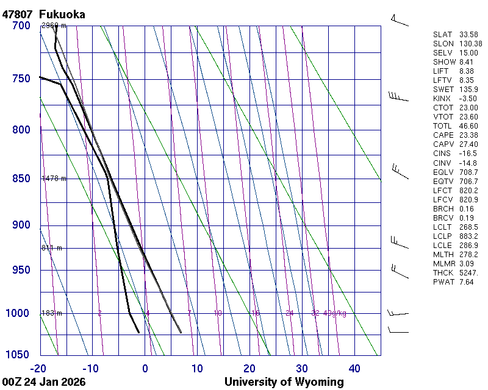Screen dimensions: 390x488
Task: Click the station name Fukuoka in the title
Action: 62,14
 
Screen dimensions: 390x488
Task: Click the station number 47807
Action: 17,14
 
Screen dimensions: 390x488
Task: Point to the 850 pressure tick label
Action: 21,179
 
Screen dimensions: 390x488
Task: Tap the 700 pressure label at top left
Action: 21,26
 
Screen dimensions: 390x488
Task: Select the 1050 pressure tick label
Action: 18,355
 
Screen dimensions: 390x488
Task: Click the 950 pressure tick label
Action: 21,270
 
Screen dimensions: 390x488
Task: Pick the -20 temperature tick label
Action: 38,368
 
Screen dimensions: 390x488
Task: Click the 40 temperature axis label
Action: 354,368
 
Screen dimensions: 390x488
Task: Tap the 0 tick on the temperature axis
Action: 145,368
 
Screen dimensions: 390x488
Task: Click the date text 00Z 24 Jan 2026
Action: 44,382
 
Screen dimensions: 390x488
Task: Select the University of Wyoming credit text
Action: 284,382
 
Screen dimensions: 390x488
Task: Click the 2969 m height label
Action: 54,26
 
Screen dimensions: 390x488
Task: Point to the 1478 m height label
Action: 54,179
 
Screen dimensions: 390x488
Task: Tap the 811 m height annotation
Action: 52,248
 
